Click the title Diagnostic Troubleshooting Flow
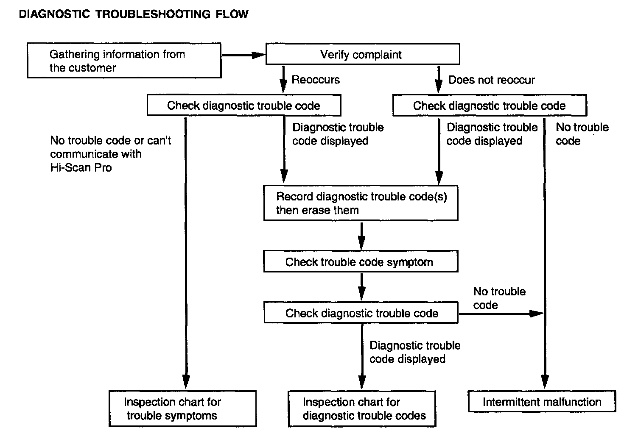(134, 14)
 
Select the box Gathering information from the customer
(124, 60)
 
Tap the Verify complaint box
(363, 54)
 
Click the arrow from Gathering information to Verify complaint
(243, 55)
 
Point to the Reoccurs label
(316, 79)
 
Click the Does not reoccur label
(492, 80)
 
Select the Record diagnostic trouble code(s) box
(361, 203)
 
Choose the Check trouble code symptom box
(361, 261)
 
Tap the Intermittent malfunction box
(542, 401)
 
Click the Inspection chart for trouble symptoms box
(183, 408)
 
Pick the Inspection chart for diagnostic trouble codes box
(362, 409)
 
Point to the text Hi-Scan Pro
(81, 167)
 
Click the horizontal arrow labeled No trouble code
(501, 314)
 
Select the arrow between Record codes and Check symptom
(361, 236)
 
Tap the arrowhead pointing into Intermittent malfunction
(545, 381)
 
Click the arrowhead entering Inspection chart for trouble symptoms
(186, 381)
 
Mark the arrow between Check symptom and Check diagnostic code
(361, 287)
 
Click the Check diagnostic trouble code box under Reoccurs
(244, 105)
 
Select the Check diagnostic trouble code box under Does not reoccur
(490, 105)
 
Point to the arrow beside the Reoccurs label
(283, 79)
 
